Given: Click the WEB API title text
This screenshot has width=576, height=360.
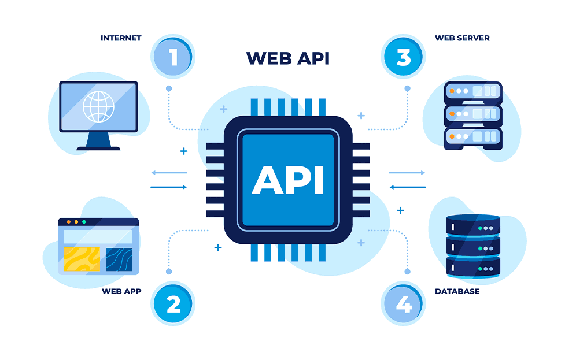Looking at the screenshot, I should coord(287,58).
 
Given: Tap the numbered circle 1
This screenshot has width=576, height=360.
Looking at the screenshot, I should coord(172,57).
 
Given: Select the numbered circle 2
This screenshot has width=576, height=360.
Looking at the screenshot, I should coord(173,304).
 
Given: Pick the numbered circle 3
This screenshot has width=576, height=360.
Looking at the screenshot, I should coord(403,57).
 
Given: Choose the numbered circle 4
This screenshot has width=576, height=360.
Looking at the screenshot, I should coord(403,304).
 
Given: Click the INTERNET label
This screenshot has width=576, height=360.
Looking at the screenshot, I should coord(121,38).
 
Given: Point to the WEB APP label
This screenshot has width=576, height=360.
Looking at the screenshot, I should coord(121,291).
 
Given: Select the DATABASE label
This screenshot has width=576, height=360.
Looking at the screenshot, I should coord(457,291).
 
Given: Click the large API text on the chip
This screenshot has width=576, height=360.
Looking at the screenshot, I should coord(287,179).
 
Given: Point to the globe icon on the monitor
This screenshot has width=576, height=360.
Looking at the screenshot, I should coord(98,107).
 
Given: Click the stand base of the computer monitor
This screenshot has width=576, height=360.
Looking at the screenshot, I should coord(98,148).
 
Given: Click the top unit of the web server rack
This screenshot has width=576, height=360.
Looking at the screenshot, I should coord(473,91).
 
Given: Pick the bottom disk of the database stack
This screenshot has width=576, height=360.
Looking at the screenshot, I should coord(473,267).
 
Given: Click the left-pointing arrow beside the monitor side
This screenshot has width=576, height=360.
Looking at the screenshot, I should coord(169,173).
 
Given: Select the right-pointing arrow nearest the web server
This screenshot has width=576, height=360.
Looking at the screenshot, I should coord(407,173).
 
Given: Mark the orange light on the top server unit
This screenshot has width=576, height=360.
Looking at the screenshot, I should coord(451,91).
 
